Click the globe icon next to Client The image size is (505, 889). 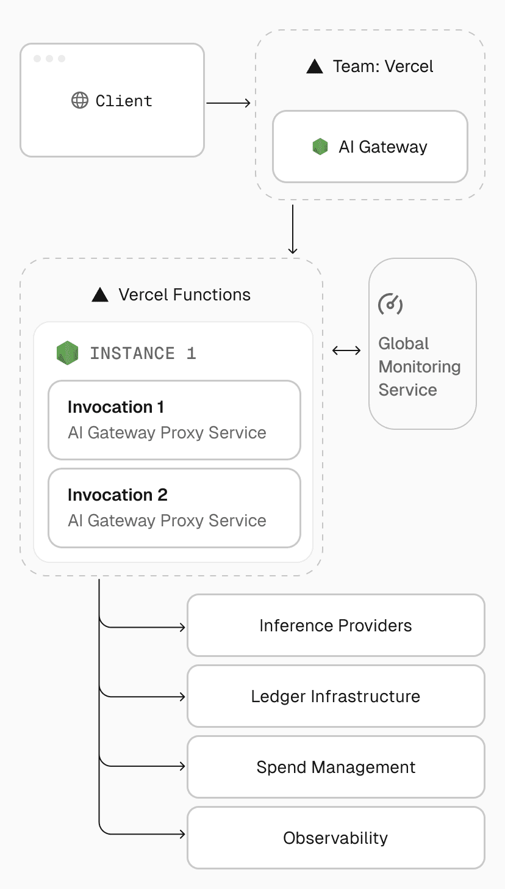pos(80,101)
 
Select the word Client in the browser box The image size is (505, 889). pos(124,101)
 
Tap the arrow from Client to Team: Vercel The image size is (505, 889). pos(228,103)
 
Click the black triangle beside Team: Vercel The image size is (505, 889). pos(315,67)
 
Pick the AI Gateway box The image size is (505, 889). pos(370,147)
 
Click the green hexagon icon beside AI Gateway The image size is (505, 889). pos(320,147)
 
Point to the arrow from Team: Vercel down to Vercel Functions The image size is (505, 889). pos(293,229)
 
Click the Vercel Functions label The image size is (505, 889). pos(184,295)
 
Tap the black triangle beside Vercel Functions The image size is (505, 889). pos(100,295)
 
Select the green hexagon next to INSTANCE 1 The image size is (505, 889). pos(68,353)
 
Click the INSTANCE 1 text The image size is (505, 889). pos(143,354)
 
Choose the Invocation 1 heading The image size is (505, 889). pos(116,407)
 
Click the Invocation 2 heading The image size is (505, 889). pos(118,495)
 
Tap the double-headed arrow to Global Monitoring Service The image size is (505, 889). pos(346,350)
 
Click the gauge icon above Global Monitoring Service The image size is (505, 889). pos(390,303)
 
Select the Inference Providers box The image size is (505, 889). pos(335,626)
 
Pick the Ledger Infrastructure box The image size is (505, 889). pos(335,697)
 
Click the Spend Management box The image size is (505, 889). pos(335,767)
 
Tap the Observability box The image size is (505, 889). pos(335,838)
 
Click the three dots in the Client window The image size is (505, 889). pos(49,59)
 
